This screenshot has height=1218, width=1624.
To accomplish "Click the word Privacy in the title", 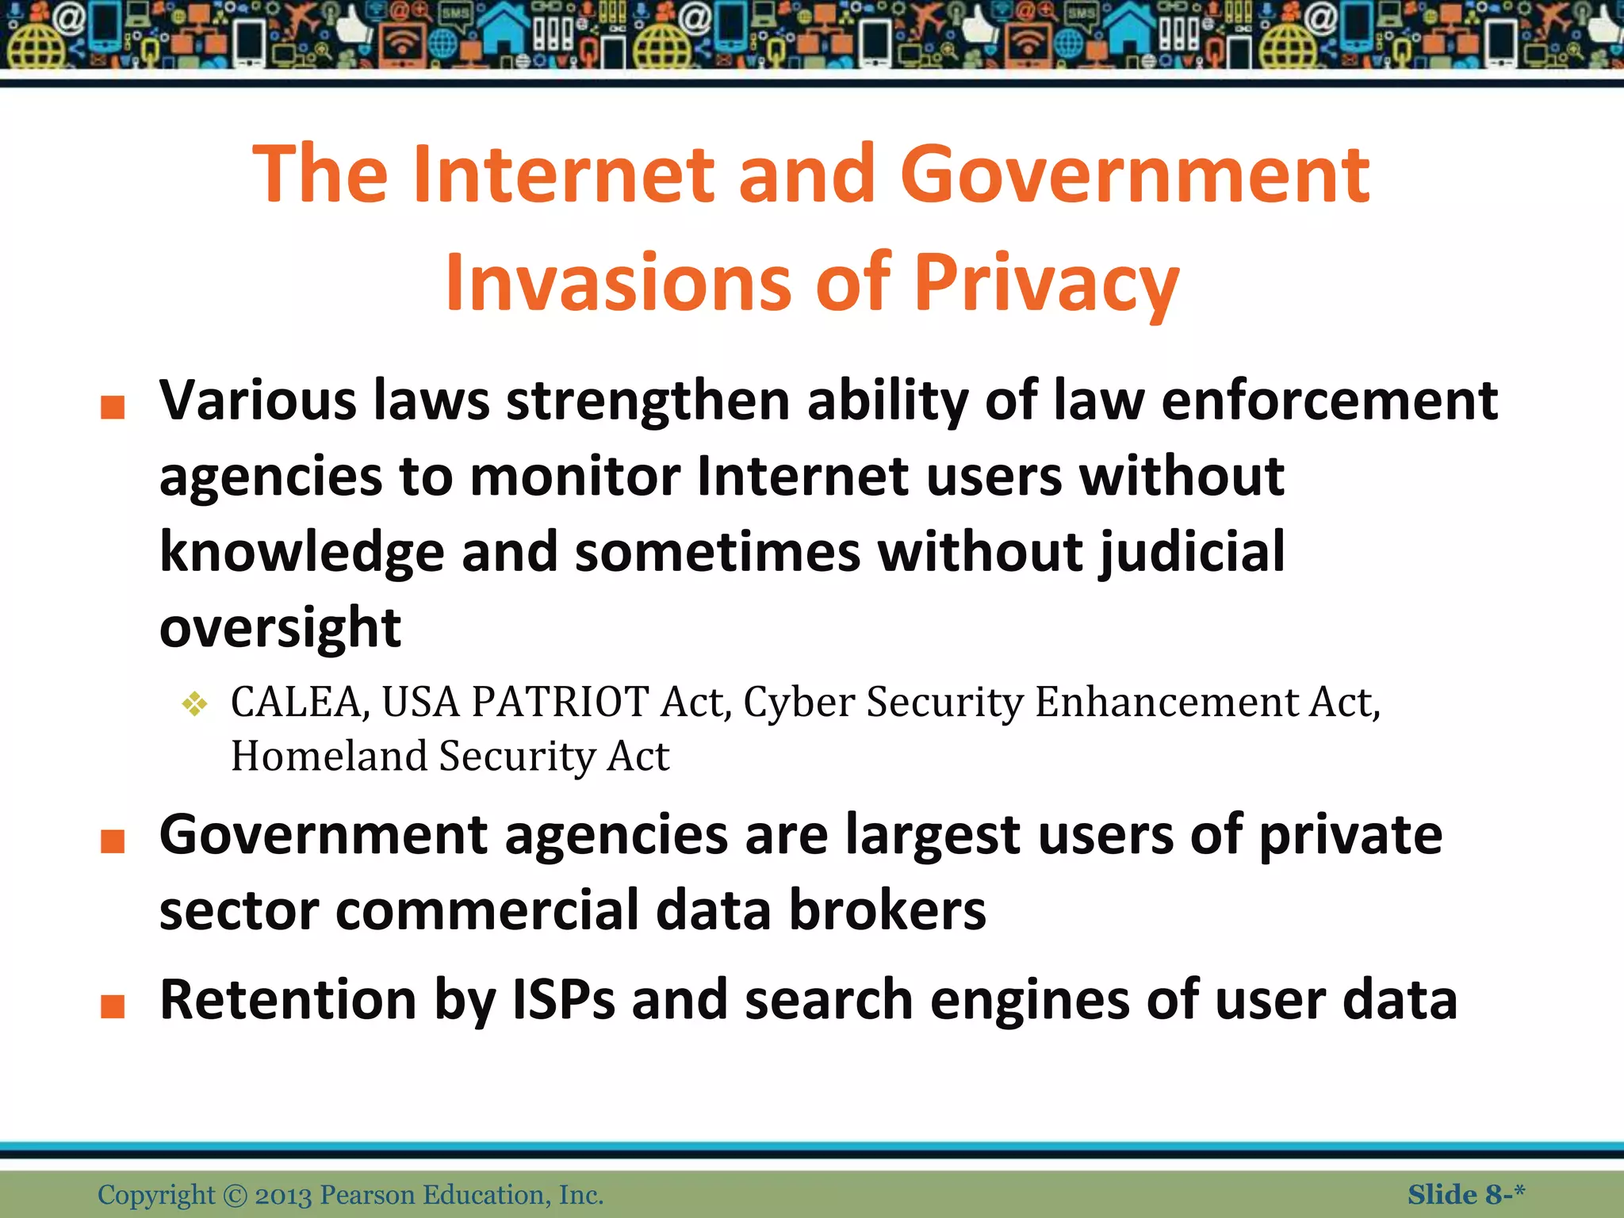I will click(1047, 283).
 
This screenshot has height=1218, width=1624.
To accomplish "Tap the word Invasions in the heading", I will click(619, 283).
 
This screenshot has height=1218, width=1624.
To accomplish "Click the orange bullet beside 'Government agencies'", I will click(113, 841).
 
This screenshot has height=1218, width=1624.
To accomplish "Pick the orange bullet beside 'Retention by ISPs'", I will click(113, 1005).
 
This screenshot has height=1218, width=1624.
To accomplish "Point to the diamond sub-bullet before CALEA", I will click(194, 703).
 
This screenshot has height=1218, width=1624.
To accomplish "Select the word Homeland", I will click(329, 756).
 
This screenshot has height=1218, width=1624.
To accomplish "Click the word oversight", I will click(280, 628).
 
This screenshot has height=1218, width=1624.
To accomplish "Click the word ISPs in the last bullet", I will click(563, 1000).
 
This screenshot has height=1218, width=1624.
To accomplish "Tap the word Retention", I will click(288, 1000).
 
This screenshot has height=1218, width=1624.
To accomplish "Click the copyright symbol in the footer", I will click(236, 1195).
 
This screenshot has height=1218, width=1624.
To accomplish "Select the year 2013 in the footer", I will click(283, 1195).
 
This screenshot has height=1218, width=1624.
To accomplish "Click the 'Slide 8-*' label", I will click(1466, 1194).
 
